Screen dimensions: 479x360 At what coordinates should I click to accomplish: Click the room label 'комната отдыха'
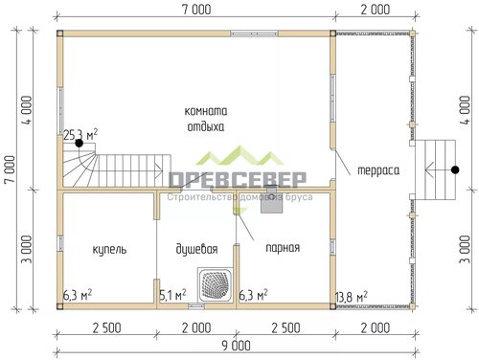pyautogui.click(x=206, y=120)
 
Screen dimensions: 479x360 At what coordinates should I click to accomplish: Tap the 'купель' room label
pyautogui.click(x=109, y=249)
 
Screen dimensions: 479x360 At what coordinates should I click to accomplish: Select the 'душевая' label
pyautogui.click(x=196, y=249)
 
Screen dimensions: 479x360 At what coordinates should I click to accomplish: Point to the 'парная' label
pyautogui.click(x=283, y=248)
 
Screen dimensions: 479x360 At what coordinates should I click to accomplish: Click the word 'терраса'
pyautogui.click(x=378, y=170)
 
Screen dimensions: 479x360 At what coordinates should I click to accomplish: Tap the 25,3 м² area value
pyautogui.click(x=80, y=135)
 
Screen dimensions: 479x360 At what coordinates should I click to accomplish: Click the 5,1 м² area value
pyautogui.click(x=172, y=295)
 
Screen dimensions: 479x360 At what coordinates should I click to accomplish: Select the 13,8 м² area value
pyautogui.click(x=352, y=297)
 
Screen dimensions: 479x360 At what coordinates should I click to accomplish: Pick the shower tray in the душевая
pyautogui.click(x=215, y=284)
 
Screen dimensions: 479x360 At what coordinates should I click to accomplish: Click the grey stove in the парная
pyautogui.click(x=271, y=199)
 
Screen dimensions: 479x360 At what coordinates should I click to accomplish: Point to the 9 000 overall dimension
pyautogui.click(x=237, y=346)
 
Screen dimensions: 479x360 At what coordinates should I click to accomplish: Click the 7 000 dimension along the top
pyautogui.click(x=196, y=10)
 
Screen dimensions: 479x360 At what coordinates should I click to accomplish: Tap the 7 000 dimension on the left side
pyautogui.click(x=10, y=169)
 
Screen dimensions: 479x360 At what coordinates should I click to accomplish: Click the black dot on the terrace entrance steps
pyautogui.click(x=455, y=169)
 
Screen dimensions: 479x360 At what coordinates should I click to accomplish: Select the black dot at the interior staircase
pyautogui.click(x=79, y=144)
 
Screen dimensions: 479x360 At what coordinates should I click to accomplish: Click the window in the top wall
pyautogui.click(x=255, y=34)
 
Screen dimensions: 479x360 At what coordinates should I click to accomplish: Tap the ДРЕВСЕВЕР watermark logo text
pyautogui.click(x=237, y=180)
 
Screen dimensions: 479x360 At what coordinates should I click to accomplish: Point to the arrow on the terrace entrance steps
pyautogui.click(x=439, y=169)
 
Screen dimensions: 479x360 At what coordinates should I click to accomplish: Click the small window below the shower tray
pyautogui.click(x=196, y=305)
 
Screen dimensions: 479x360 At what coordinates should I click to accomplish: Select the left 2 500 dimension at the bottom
pyautogui.click(x=106, y=328)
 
